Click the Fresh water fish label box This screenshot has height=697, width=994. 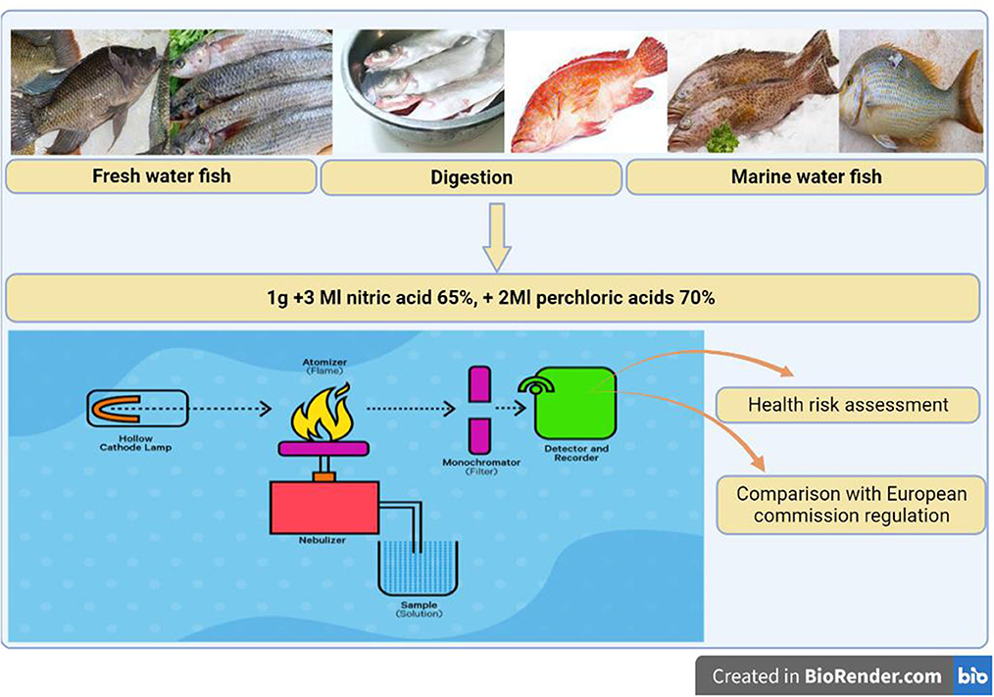(x=161, y=177)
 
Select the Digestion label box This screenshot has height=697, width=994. (x=472, y=177)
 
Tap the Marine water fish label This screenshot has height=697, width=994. (x=806, y=177)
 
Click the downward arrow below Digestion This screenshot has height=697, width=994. (x=497, y=236)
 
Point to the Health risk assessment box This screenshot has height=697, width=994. (x=848, y=404)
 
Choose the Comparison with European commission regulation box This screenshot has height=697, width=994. (x=851, y=504)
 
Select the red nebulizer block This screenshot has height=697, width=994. (x=324, y=501)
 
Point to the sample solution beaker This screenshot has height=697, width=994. (x=418, y=569)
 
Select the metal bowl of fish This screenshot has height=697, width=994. (x=419, y=90)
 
